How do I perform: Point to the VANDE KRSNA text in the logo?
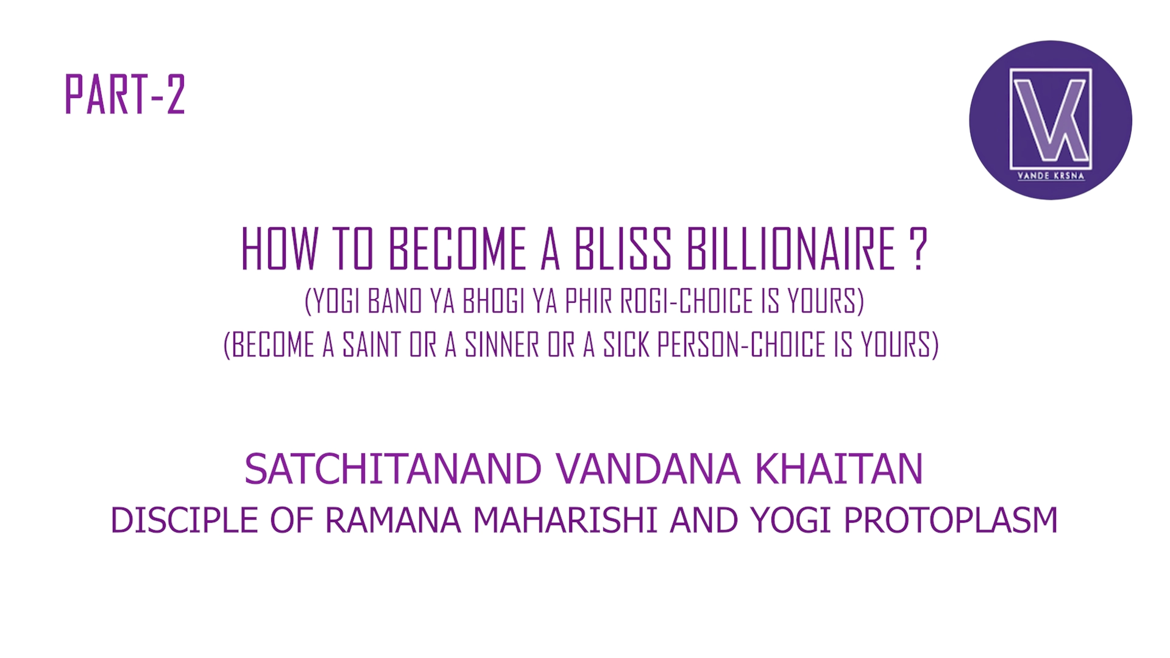[x=1051, y=176]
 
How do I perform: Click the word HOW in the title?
[x=280, y=249]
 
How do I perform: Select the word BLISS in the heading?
[x=622, y=249]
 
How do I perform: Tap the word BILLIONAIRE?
[x=791, y=249]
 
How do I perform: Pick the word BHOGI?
[x=494, y=301]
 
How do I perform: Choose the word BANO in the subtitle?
[x=395, y=301]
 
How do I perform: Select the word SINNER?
[x=502, y=345]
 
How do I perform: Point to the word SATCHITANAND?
[x=393, y=469]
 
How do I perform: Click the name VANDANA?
[x=648, y=469]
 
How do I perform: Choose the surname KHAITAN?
[x=839, y=469]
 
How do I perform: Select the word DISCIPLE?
[x=184, y=520]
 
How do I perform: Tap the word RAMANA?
[x=393, y=520]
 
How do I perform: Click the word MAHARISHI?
[x=565, y=520]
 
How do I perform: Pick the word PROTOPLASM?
[x=951, y=520]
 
